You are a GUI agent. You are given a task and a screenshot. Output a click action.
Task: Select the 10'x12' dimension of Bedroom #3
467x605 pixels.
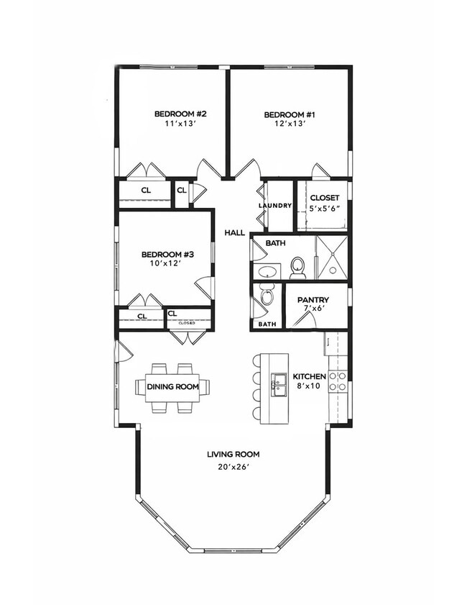click(x=167, y=263)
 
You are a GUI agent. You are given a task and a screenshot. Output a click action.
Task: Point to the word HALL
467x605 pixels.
click(x=234, y=233)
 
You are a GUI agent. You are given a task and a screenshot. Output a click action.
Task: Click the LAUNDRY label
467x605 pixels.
click(x=276, y=206)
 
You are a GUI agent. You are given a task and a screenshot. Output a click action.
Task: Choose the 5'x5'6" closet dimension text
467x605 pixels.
click(x=324, y=208)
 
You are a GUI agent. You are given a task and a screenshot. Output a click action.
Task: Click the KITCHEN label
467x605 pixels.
click(x=310, y=376)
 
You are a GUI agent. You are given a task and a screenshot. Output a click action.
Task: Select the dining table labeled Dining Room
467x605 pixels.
click(x=172, y=387)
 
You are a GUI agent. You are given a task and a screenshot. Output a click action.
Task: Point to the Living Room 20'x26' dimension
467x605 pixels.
click(x=233, y=466)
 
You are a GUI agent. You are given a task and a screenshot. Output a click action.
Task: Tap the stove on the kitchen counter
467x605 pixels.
click(x=338, y=381)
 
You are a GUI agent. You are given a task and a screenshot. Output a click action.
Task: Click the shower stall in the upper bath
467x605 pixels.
click(x=331, y=257)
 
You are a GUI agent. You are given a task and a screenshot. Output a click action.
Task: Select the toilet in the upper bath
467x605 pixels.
click(x=298, y=268)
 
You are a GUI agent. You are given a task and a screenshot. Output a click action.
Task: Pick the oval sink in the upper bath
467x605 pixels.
click(x=268, y=272)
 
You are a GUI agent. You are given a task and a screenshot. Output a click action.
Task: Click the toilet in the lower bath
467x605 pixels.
click(x=267, y=296)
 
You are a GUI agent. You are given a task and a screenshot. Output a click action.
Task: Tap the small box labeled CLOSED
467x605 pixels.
click(x=188, y=323)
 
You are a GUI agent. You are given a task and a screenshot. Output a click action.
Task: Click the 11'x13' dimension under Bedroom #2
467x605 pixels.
click(x=181, y=123)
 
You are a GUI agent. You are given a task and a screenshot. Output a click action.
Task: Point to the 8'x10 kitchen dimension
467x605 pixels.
click(x=310, y=386)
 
